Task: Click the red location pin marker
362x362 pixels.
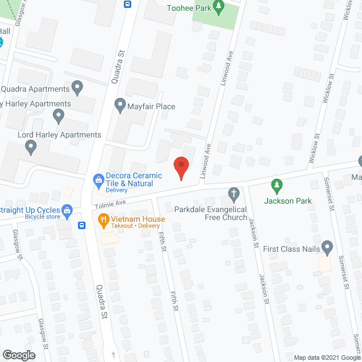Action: (181, 168)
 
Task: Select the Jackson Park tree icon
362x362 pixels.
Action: (276, 184)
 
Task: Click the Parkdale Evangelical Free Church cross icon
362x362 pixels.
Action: (232, 195)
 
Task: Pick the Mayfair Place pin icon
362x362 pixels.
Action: (120, 105)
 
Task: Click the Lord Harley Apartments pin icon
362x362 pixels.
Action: (32, 148)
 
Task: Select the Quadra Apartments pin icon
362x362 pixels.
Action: (78, 88)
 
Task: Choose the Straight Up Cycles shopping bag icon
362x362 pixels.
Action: (67, 212)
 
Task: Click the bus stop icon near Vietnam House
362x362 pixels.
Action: (82, 226)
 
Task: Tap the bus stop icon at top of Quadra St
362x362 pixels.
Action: (128, 5)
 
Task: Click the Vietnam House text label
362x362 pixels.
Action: (139, 219)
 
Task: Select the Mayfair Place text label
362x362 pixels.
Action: (152, 106)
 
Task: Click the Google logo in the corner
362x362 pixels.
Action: (18, 355)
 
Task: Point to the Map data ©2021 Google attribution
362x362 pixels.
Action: (326, 357)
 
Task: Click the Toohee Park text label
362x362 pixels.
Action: (189, 8)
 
